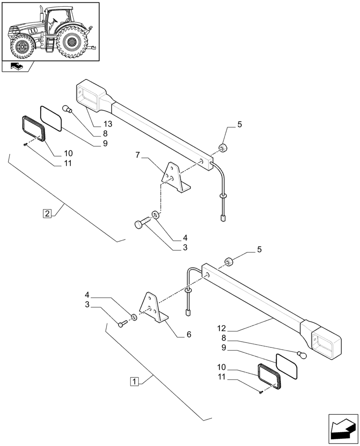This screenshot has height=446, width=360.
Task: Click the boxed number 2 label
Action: coord(48,212)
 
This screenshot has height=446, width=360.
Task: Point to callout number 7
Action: coord(138,156)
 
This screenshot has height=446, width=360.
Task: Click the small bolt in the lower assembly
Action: coord(121,324)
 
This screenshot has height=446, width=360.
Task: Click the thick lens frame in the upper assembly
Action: coord(33,129)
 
